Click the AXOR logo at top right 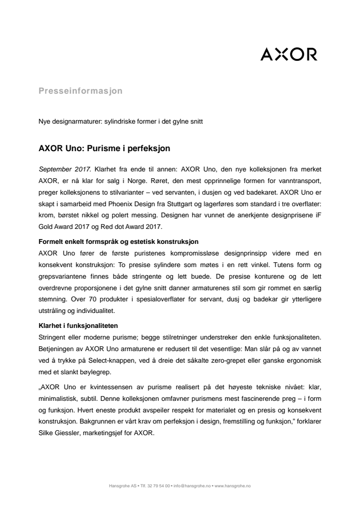tap(289, 54)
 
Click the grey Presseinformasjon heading tap(80, 90)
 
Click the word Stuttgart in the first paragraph tap(197, 203)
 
